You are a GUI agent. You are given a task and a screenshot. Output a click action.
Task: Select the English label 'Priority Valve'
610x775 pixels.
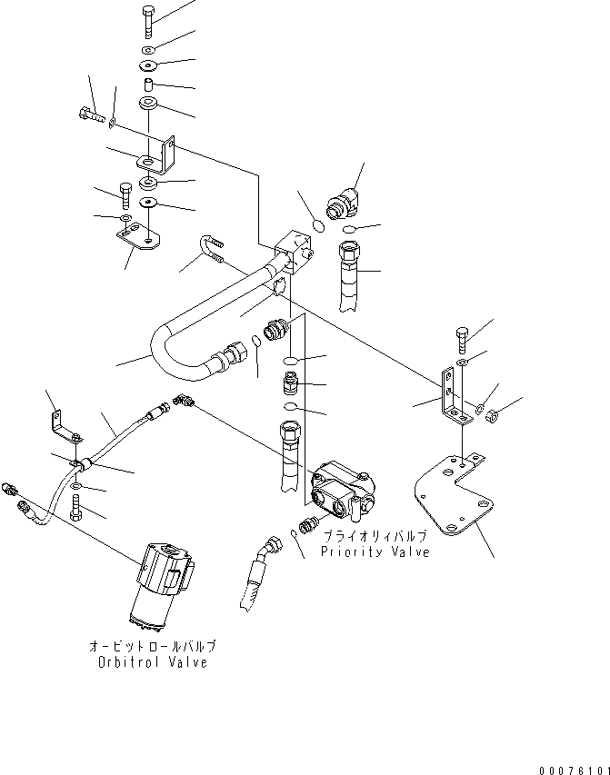[375, 552]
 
